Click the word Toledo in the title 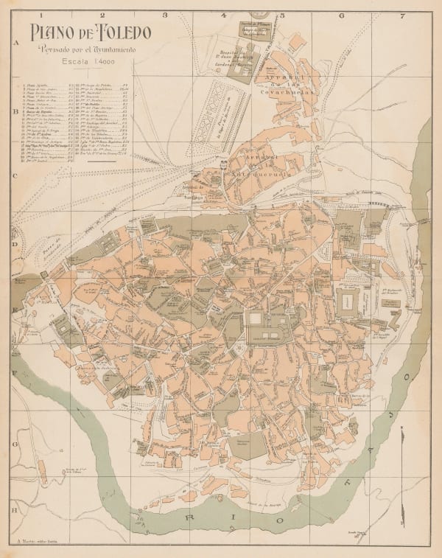122,33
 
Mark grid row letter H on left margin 15,509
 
